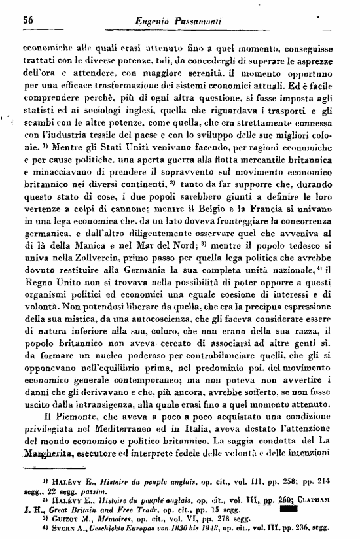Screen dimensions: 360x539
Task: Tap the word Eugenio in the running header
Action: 155,22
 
